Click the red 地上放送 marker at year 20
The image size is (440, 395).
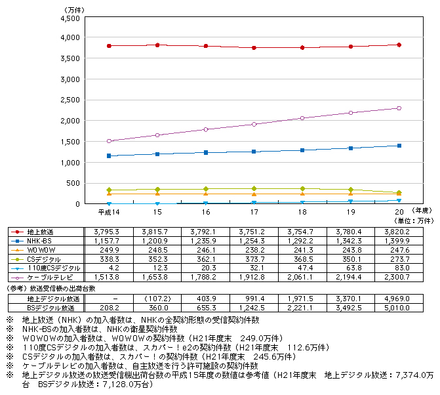pyautogui.click(x=399, y=45)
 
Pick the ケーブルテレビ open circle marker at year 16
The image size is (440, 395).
pyautogui.click(x=205, y=129)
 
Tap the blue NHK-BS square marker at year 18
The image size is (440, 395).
pyautogui.click(x=302, y=150)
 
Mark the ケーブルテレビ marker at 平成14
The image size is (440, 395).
pyautogui.click(x=109, y=141)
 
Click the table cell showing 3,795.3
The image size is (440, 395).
pyautogui.click(x=108, y=232)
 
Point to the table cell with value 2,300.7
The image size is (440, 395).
pyautogui.click(x=398, y=278)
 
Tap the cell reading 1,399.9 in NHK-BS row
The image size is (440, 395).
pyautogui.click(x=398, y=241)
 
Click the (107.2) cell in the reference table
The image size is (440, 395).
pyautogui.click(x=157, y=299)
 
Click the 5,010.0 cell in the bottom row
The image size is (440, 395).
pyautogui.click(x=398, y=308)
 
